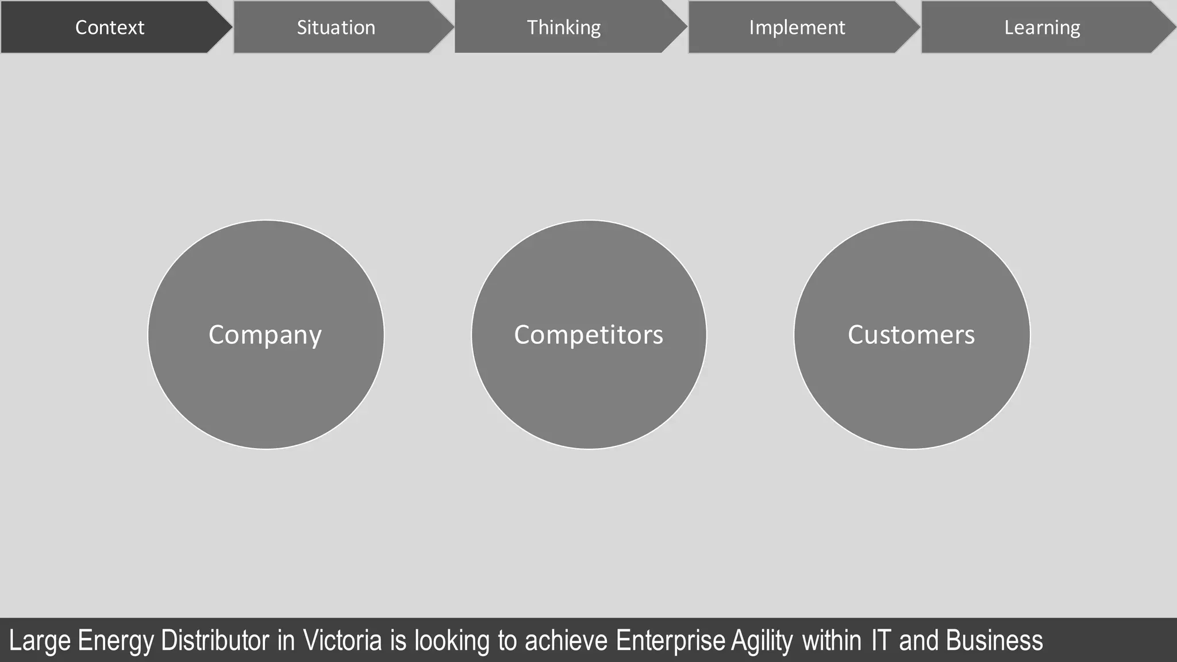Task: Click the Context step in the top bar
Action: [110, 28]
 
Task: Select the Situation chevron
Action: [336, 28]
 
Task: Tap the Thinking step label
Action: [564, 28]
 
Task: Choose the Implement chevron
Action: [797, 28]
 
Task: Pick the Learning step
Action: [1042, 28]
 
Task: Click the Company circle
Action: [266, 334]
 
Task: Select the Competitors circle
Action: [588, 334]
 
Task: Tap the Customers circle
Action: [911, 334]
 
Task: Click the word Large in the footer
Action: [40, 641]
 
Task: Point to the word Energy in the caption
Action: [116, 641]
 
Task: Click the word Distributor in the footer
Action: [215, 641]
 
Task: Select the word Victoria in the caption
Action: [343, 641]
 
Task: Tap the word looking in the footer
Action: [452, 641]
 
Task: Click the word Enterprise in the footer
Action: [671, 641]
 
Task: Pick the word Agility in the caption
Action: [762, 641]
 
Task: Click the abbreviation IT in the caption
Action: [880, 641]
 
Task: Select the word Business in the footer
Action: [994, 641]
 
